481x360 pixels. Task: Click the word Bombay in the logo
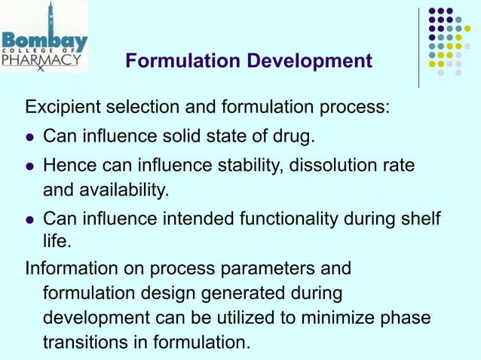coord(45,41)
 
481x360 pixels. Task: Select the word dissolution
coord(331,164)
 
